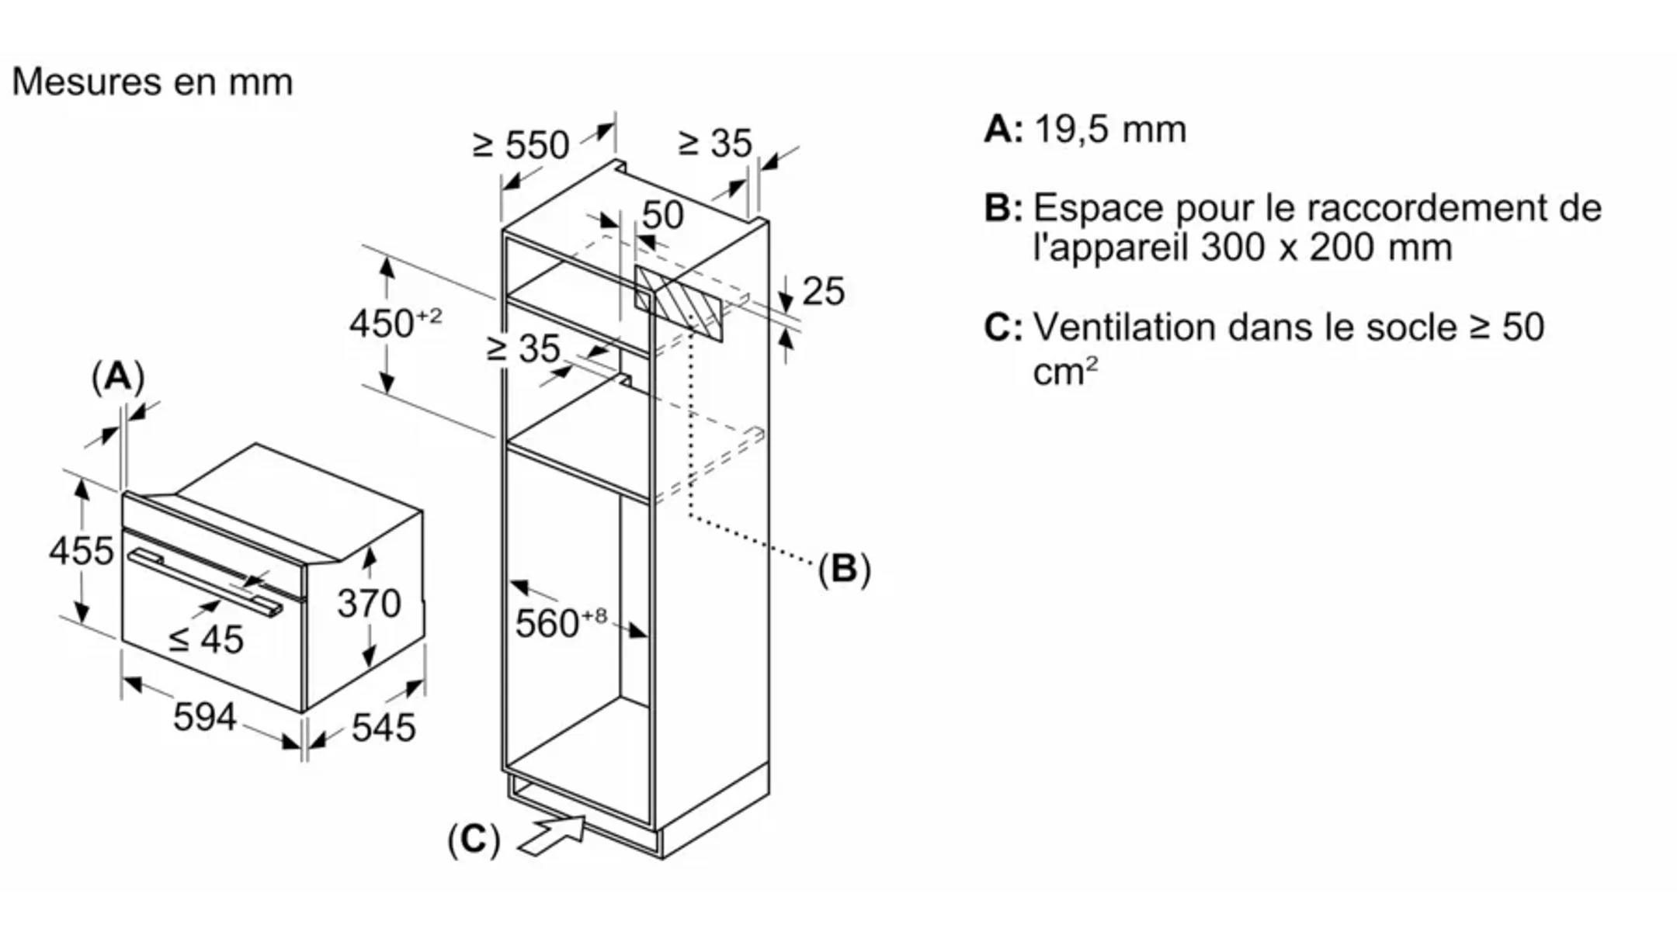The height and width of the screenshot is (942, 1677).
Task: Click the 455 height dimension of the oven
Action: (x=81, y=551)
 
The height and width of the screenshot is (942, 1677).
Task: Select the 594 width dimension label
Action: (x=204, y=716)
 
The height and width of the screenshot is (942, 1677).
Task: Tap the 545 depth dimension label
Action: (x=384, y=727)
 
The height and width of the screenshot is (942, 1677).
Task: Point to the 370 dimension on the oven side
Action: (x=369, y=603)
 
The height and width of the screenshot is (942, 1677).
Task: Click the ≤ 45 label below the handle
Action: (x=207, y=639)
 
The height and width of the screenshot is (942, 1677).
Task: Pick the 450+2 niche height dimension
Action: (x=394, y=323)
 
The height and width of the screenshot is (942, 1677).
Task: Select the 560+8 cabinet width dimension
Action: (x=560, y=622)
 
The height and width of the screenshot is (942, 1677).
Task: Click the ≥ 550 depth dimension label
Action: (x=522, y=145)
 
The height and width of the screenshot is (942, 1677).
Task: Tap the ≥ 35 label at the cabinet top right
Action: (x=714, y=143)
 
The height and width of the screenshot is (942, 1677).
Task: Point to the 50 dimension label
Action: (x=662, y=215)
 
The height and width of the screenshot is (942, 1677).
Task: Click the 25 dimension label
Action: (x=823, y=292)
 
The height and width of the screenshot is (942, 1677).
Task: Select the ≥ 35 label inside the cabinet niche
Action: (x=523, y=348)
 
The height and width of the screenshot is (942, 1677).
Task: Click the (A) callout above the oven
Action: (x=118, y=377)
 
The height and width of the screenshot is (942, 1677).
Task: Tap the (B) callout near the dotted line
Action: (x=844, y=569)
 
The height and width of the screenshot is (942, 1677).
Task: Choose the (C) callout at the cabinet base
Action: (x=474, y=840)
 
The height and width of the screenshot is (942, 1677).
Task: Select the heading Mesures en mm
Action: (x=152, y=81)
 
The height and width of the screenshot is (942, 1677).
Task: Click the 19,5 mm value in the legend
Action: (x=1110, y=129)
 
